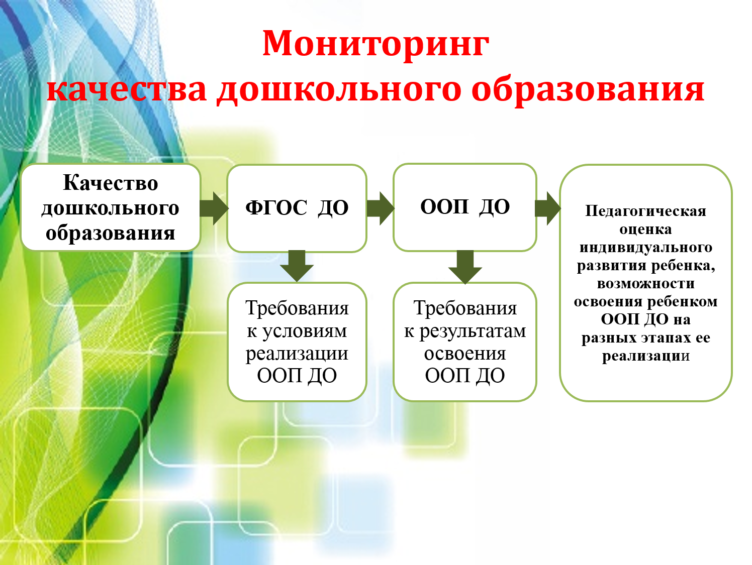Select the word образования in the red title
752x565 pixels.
(x=588, y=90)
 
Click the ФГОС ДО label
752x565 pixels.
(x=297, y=207)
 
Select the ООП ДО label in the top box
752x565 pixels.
(x=465, y=206)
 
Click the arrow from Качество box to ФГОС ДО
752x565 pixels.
(x=214, y=208)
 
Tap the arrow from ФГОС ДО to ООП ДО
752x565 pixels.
(x=381, y=208)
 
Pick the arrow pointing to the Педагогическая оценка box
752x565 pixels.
(x=547, y=208)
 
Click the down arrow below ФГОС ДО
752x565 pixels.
(x=297, y=266)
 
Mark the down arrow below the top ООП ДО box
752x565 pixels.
(x=465, y=267)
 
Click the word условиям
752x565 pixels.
(x=305, y=331)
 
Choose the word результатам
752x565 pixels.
(x=473, y=331)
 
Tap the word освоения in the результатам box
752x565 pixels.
(x=465, y=354)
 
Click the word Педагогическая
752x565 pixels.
(x=645, y=211)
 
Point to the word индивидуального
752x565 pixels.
(x=646, y=248)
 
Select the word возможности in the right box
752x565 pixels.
(x=646, y=284)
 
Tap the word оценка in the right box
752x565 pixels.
(x=645, y=230)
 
